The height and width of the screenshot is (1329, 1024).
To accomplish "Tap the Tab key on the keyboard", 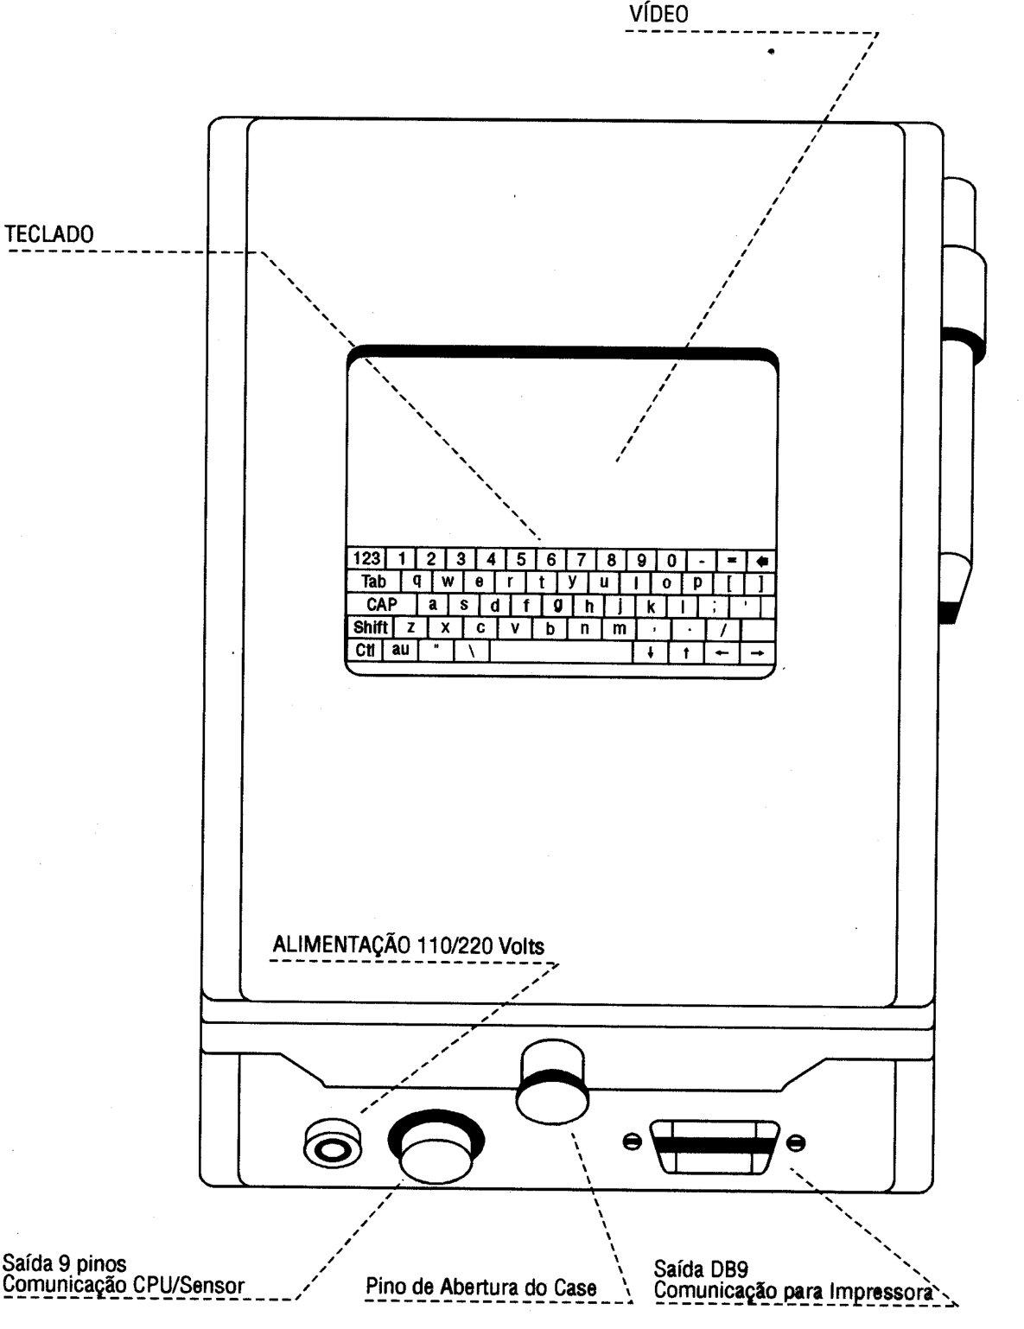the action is pos(373,582).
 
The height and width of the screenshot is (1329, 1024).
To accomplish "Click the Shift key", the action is pos(370,627).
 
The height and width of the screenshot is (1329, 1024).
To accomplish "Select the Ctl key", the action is pos(365,651).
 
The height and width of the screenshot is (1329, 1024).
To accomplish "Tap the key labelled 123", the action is pos(366,559).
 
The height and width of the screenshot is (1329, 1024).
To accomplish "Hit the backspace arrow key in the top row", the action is pos(761,561).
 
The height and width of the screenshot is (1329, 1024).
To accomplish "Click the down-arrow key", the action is pos(651,652).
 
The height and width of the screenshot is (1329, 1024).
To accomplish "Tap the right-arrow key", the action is pos(758,653).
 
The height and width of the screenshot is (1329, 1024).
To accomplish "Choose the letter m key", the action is pos(620,629).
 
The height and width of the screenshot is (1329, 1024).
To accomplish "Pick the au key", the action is pos(400,650).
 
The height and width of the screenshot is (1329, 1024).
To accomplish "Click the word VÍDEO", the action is pos(659,14).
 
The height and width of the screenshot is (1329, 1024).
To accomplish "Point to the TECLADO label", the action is pos(49,234).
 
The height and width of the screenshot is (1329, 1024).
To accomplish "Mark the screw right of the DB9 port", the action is pos(796,1141).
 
